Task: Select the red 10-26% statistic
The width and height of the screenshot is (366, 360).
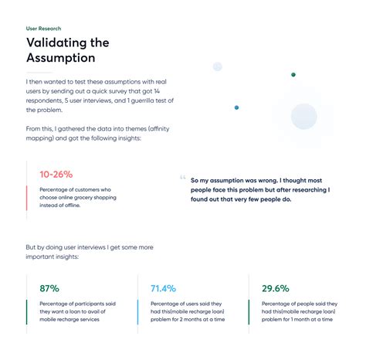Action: coord(56,174)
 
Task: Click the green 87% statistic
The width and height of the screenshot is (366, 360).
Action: coord(49,288)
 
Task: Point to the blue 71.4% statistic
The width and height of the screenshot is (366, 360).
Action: coord(164,288)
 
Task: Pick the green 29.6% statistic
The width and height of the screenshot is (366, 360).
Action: coord(276,288)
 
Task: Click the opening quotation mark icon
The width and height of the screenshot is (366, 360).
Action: coord(182,176)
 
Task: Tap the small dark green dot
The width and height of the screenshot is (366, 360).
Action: coord(293,75)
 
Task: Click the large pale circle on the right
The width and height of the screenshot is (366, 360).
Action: coord(304,117)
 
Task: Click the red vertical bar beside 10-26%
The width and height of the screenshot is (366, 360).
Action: coord(27,198)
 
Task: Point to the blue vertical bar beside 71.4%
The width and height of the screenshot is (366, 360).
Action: coord(138,312)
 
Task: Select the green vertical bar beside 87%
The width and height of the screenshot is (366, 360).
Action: coord(27,312)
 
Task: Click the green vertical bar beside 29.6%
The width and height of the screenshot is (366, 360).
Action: coord(249,312)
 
